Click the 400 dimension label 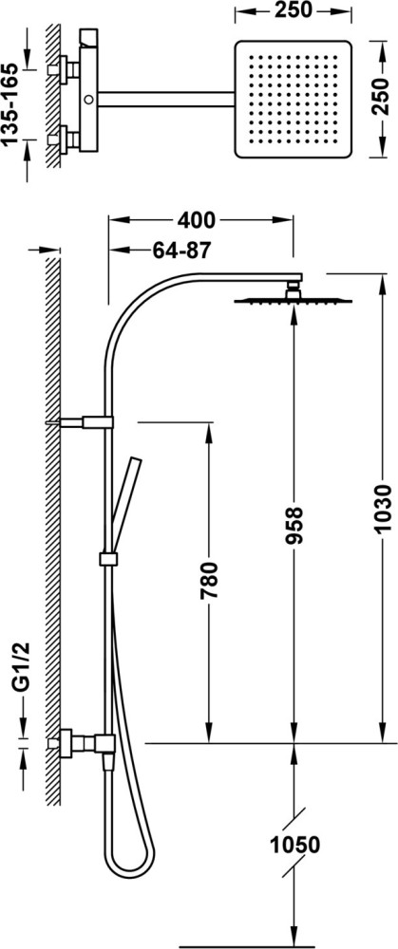coord(197,221)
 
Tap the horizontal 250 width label coord(294,10)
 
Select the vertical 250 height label coord(381,96)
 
